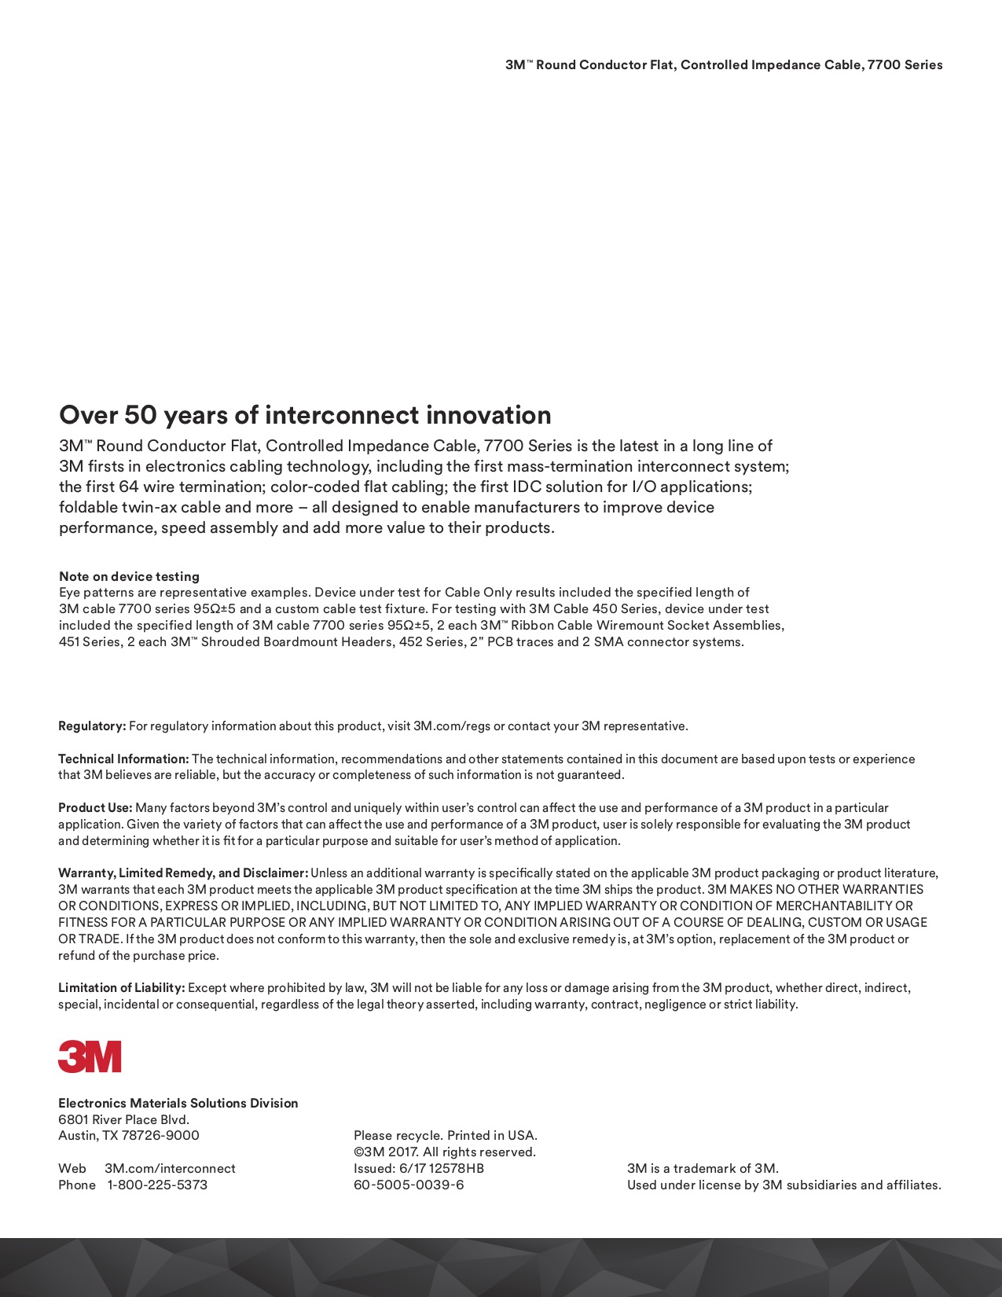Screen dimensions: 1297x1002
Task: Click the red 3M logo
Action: tap(90, 1056)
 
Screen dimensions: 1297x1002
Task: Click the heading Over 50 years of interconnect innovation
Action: tap(305, 415)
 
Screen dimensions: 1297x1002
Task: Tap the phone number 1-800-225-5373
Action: tap(157, 1185)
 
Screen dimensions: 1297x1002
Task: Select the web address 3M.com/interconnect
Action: tap(170, 1168)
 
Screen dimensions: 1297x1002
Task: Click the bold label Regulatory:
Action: tap(92, 726)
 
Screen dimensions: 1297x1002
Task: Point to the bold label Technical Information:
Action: tap(123, 759)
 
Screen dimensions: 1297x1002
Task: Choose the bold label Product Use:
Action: tap(95, 808)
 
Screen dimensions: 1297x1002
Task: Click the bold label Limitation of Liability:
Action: tap(121, 988)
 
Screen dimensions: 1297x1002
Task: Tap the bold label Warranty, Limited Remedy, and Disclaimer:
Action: tap(183, 873)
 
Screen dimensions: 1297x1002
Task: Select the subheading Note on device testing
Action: tap(129, 576)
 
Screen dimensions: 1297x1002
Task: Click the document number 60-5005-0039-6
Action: tap(409, 1185)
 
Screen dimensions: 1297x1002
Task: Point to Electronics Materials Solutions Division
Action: tap(178, 1104)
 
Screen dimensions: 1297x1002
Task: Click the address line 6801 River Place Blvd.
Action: tap(123, 1119)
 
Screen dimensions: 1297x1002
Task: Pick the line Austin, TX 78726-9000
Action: tap(129, 1136)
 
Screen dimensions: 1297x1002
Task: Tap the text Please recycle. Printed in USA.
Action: tap(445, 1136)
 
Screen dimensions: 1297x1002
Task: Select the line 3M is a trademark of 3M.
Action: tap(703, 1168)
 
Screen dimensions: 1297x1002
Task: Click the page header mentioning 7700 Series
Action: tap(723, 65)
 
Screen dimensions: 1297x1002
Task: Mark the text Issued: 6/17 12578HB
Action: tap(419, 1168)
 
